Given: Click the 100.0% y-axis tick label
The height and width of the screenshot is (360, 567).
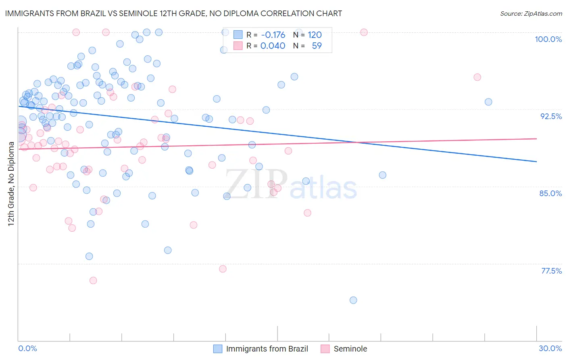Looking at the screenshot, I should coord(548,39).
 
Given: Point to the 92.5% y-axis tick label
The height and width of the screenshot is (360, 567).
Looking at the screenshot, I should coord(551,116).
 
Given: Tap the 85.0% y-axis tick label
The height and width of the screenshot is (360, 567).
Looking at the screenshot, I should coord(550,193).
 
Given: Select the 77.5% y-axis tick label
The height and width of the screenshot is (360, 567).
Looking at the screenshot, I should coord(551,271).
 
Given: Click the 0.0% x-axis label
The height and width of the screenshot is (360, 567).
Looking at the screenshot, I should coord(28,348).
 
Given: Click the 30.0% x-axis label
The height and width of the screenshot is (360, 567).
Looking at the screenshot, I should coord(550,348).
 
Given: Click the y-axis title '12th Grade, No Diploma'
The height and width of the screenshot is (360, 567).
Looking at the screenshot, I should coord(11,184).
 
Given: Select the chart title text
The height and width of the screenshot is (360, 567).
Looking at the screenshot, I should coord(173,13).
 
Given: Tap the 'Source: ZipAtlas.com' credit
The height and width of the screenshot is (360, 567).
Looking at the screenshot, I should coord(531,14).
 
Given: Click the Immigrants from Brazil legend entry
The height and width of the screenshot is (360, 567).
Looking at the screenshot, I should coord(261,349).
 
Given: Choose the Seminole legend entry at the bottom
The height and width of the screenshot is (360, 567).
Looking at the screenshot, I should coord(344,349).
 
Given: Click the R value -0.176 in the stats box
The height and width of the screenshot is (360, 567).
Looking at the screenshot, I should coord(273,35).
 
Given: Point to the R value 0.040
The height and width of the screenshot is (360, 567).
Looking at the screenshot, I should coord(273,46).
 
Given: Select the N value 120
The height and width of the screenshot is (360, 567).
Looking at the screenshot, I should coord(315,35).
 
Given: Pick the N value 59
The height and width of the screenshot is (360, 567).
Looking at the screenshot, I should coord(317,46).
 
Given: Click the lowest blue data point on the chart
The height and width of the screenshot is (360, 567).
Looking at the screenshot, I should coord(353,300).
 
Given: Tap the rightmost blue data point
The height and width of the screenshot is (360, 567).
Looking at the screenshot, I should coord(488,102).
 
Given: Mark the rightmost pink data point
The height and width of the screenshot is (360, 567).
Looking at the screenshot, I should coord(477,77).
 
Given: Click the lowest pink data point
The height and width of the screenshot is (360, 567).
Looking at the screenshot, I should coord(93,280).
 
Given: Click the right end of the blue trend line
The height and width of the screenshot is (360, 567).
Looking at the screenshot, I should coord(536,161).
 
